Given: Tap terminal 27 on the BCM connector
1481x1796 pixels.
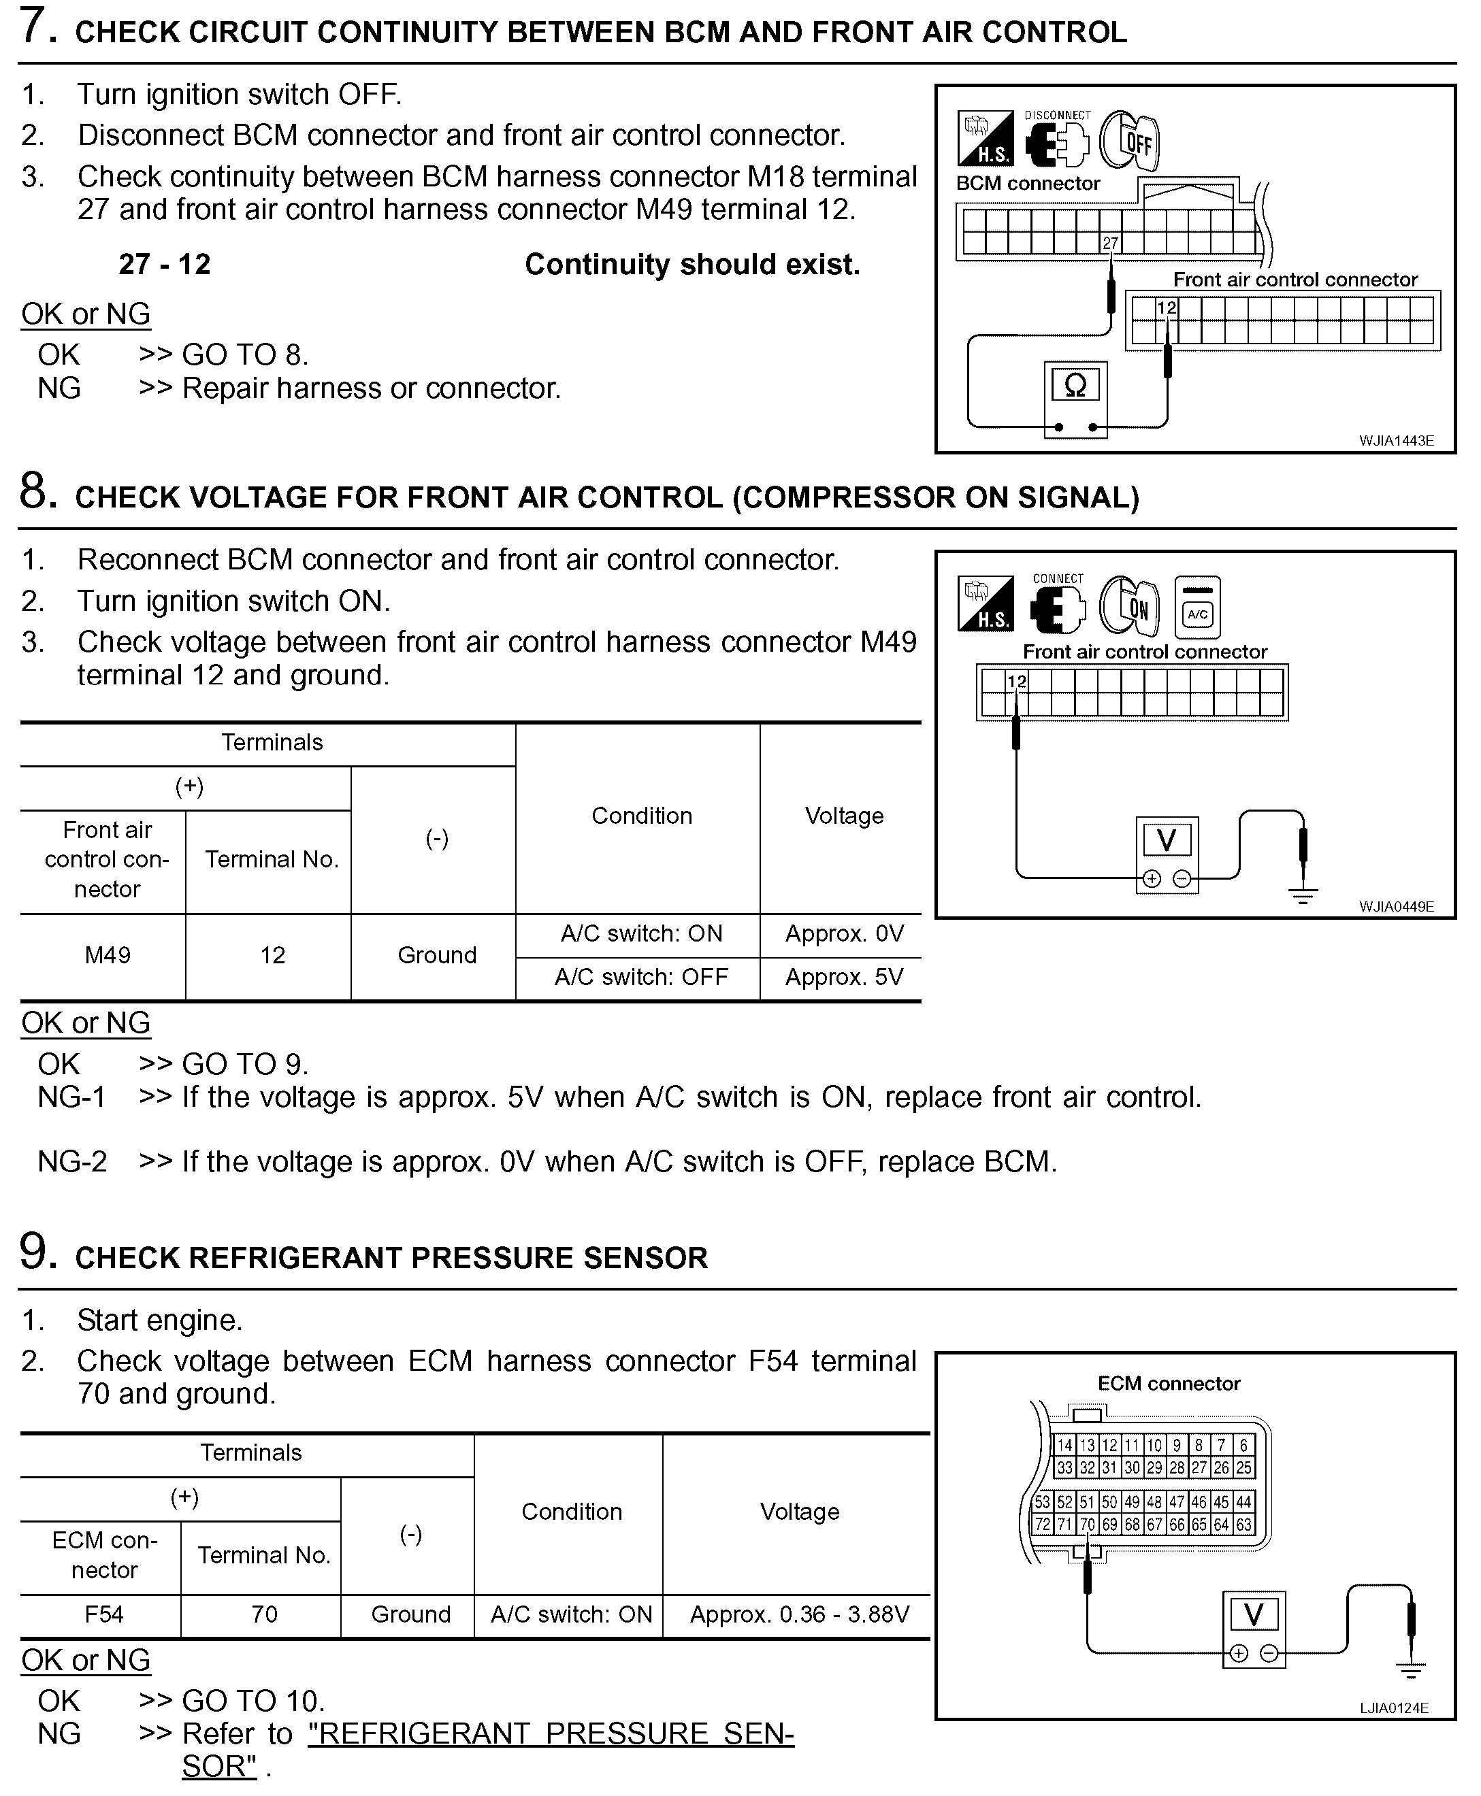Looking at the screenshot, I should (1110, 243).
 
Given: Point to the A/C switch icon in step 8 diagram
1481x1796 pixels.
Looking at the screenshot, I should (1197, 608).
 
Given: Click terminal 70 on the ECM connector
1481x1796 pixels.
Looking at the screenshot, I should (1087, 1524).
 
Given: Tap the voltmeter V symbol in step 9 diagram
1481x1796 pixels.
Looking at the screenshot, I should (1252, 1615).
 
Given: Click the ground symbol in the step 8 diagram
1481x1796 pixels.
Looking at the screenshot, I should (1302, 895).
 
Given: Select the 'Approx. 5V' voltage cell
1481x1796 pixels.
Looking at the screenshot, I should (844, 978).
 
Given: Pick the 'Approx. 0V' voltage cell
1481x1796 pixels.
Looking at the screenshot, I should (844, 934).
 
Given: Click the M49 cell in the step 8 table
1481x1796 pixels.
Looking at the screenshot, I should (108, 955).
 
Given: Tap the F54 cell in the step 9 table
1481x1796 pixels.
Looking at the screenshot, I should (103, 1614).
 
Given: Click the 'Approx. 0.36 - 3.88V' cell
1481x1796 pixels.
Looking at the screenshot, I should (799, 1614).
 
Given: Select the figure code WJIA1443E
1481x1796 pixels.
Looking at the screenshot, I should (1396, 441).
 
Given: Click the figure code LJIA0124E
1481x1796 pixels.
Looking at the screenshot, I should (1394, 1708).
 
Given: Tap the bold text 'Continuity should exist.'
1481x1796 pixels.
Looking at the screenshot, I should (692, 265).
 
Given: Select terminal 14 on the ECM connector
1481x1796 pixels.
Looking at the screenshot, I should (1064, 1446).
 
